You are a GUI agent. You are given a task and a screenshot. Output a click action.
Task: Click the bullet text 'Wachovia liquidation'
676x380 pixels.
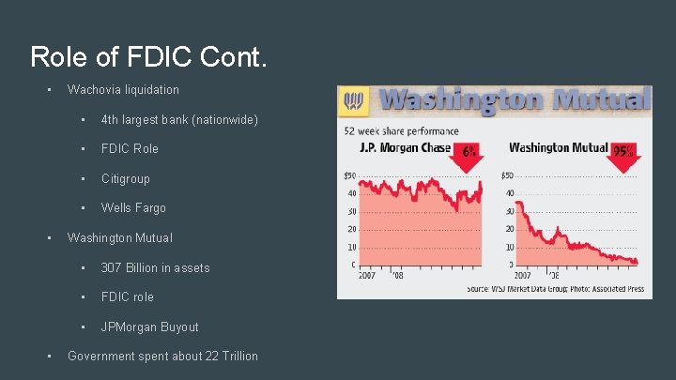click(123, 89)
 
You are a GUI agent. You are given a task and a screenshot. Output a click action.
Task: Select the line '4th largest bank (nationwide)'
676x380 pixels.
click(178, 119)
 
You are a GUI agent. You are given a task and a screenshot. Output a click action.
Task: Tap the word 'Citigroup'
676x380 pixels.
click(125, 178)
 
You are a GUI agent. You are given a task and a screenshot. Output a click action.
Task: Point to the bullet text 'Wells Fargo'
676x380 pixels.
click(132, 207)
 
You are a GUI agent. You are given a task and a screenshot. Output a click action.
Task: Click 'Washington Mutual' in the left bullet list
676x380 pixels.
click(119, 237)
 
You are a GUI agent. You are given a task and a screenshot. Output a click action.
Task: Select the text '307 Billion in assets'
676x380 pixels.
click(155, 267)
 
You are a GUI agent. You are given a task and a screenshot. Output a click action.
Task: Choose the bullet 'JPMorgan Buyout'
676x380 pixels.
click(149, 327)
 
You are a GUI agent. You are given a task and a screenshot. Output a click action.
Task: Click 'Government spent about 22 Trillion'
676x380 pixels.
click(162, 356)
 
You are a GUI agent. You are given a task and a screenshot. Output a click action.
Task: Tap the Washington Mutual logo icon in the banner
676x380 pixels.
click(356, 99)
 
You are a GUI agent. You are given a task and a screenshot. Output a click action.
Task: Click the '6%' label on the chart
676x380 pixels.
click(469, 151)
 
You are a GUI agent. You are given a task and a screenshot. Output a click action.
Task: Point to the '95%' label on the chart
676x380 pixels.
click(622, 151)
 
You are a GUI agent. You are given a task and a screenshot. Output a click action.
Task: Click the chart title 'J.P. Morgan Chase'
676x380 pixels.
click(406, 148)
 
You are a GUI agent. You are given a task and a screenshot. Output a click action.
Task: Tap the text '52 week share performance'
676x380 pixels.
click(401, 131)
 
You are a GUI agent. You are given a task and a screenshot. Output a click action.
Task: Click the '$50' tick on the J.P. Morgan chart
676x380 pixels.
click(348, 175)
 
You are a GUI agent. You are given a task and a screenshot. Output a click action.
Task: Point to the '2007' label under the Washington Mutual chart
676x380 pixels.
click(521, 276)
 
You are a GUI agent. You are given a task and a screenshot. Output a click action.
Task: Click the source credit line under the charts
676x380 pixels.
click(555, 289)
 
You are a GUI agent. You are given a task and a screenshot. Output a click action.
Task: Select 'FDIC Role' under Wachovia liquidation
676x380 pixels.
click(130, 148)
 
